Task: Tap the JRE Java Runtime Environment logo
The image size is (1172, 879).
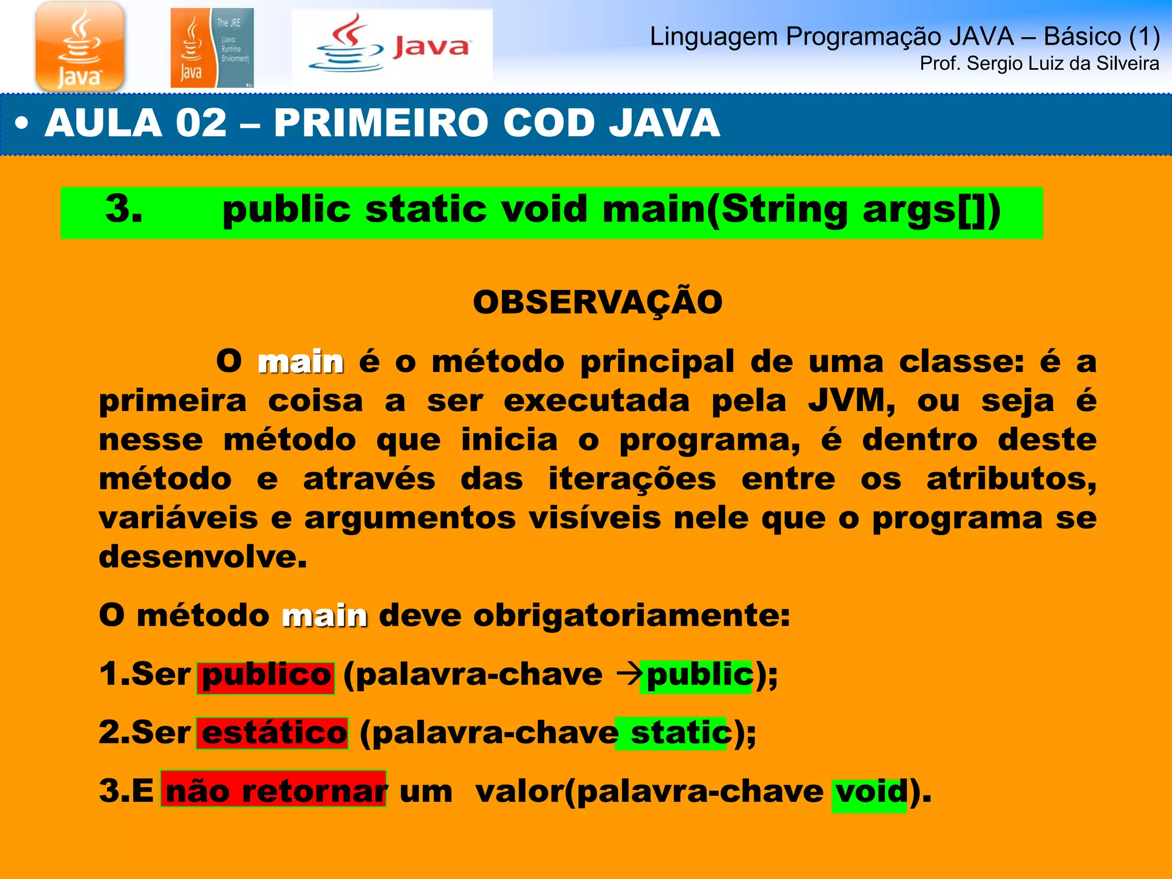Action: pyautogui.click(x=212, y=48)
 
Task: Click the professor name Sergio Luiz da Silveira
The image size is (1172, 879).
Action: pyautogui.click(x=1039, y=64)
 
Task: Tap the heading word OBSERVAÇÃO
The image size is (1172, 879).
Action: pyautogui.click(x=597, y=302)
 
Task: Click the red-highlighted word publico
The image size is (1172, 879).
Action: pyautogui.click(x=266, y=675)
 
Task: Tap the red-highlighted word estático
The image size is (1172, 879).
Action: pyautogui.click(x=274, y=733)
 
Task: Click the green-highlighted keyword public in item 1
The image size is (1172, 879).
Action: pyautogui.click(x=699, y=675)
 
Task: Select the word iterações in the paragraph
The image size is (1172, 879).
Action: pyautogui.click(x=632, y=478)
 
